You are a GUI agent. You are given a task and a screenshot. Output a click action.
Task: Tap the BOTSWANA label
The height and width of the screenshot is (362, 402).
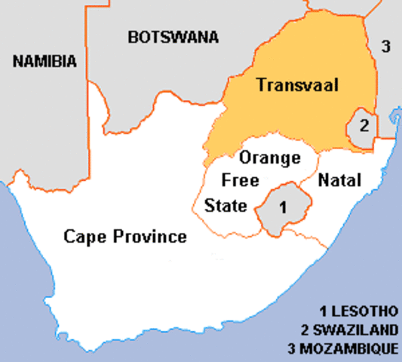coord(173,36)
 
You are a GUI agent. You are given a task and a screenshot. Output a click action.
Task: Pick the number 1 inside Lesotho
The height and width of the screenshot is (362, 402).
coord(282,205)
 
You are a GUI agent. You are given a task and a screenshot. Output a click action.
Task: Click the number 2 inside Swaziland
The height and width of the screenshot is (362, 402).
coord(364,124)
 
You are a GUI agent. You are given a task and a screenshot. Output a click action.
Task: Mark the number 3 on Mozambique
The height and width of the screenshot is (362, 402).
coord(385,47)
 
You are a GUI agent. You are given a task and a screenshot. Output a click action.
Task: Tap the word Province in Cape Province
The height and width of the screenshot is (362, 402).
coord(154,237)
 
